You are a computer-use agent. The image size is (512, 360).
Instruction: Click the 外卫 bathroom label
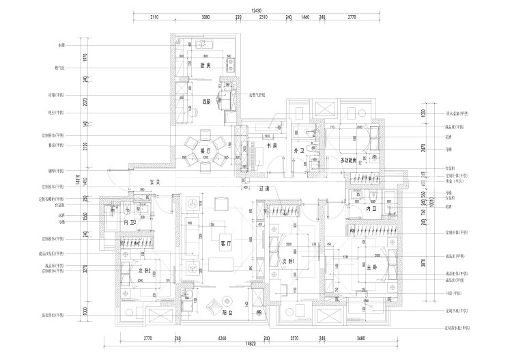tap(298, 150)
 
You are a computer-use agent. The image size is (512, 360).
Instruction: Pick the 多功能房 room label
tap(350, 160)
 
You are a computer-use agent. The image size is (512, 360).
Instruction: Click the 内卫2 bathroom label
tap(130, 222)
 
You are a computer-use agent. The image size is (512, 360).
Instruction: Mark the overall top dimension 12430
tap(256, 10)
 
